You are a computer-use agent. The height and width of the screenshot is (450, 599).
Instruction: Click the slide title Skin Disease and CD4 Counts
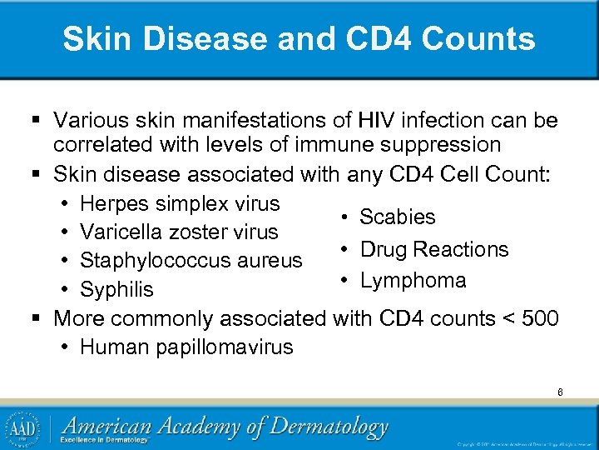pyautogui.click(x=299, y=39)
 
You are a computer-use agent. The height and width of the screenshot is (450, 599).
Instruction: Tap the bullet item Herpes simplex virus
pyautogui.click(x=180, y=203)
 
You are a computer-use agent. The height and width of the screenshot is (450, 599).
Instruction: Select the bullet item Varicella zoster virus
pyautogui.click(x=178, y=232)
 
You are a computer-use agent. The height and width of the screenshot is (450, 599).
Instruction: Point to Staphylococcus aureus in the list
pyautogui.click(x=191, y=261)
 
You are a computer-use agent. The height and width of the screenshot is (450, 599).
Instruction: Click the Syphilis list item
pyautogui.click(x=116, y=289)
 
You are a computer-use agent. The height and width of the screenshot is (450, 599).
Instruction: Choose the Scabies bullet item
pyautogui.click(x=397, y=217)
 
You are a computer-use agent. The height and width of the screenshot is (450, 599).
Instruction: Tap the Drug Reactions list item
pyautogui.click(x=433, y=249)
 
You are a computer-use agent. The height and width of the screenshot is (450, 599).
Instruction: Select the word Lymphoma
pyautogui.click(x=413, y=280)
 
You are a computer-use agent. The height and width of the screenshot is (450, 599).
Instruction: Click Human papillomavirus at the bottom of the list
pyautogui.click(x=186, y=347)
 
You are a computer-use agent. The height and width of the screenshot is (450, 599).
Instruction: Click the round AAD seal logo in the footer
pyautogui.click(x=24, y=428)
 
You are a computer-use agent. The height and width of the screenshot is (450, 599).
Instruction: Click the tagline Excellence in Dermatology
pyautogui.click(x=107, y=440)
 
